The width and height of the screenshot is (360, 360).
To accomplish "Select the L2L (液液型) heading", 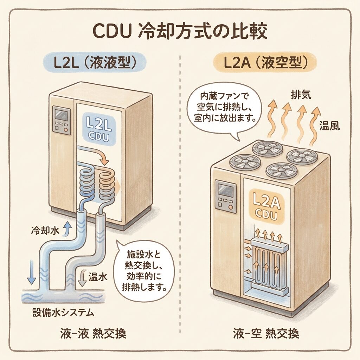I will (x=94, y=63).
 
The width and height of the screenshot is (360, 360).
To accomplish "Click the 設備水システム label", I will (x=63, y=312).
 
